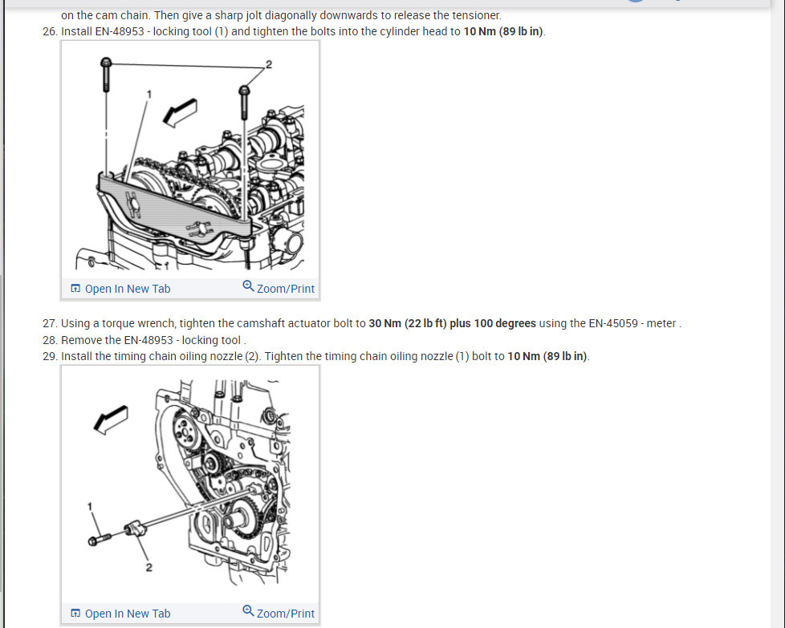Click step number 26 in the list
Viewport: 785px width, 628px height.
point(50,31)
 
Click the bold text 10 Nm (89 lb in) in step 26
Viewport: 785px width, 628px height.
point(503,31)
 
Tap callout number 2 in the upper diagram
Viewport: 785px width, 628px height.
point(269,64)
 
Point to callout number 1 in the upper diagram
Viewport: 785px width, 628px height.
point(148,94)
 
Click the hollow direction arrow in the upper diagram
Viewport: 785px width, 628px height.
point(181,112)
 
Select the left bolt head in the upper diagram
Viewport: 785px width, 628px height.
point(106,63)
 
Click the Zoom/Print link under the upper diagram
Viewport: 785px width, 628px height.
point(279,288)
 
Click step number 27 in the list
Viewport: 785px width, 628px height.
point(50,324)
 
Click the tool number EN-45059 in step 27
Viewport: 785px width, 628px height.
point(613,324)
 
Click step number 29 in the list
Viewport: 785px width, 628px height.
point(50,356)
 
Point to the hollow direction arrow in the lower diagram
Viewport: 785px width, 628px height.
point(111,419)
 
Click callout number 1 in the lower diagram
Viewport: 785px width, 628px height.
point(90,507)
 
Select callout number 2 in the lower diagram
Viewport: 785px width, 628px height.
point(148,568)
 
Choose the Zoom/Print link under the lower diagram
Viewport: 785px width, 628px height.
point(279,613)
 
